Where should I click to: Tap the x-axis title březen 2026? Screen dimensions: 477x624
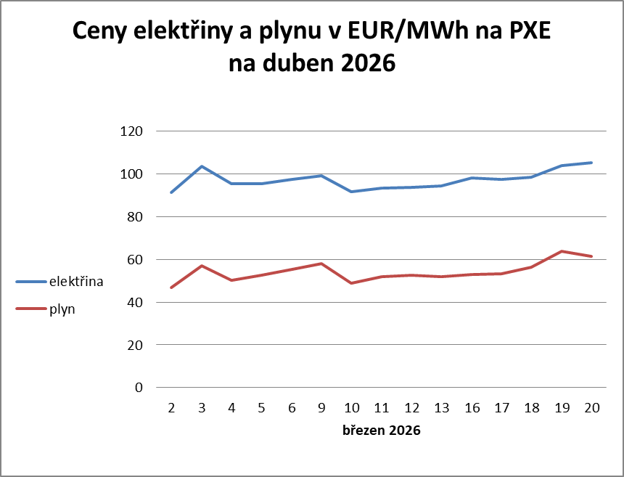[x=382, y=431]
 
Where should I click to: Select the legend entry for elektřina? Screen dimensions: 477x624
[x=75, y=282]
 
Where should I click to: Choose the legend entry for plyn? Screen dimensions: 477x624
[x=62, y=309]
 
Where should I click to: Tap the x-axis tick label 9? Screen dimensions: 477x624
[x=321, y=409]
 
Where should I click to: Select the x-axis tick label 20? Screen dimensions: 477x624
[x=591, y=409]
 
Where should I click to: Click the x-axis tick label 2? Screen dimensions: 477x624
[x=172, y=409]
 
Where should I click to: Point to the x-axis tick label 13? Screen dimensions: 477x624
[x=441, y=409]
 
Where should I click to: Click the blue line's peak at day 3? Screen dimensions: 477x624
[x=202, y=166]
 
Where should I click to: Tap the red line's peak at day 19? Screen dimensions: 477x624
[x=562, y=251]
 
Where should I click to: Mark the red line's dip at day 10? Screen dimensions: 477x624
[x=352, y=283]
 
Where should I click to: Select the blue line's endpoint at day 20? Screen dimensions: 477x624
[x=591, y=163]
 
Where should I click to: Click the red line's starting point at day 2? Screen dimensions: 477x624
[x=172, y=288]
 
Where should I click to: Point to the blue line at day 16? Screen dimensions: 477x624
[x=472, y=178]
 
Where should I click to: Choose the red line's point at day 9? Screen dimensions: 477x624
[x=321, y=264]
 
